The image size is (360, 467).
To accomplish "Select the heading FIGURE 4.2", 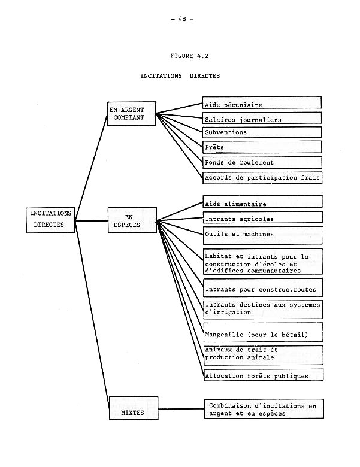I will click(x=189, y=56).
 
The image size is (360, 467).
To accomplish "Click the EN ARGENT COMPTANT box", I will click(x=131, y=114).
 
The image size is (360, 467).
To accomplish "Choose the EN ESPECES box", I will click(x=132, y=220).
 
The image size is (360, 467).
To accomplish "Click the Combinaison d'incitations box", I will click(x=264, y=409).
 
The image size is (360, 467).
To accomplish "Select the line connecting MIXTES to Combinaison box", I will click(x=180, y=410).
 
